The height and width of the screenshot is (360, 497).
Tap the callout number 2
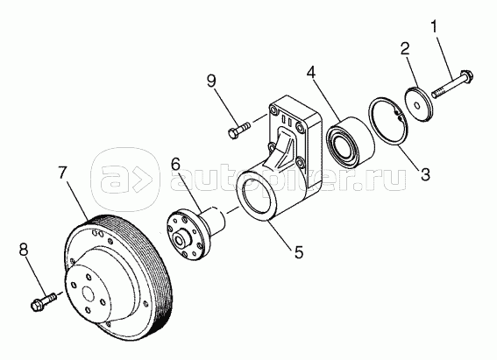coord(405,49)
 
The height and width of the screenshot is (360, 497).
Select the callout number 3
coord(425,173)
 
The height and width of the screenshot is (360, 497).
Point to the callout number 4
coord(311,74)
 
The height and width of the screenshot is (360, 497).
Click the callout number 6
coord(175,164)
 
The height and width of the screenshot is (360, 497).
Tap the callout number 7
coord(62,173)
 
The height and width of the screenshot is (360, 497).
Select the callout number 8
coord(24,250)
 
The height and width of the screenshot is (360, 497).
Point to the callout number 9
coord(211,81)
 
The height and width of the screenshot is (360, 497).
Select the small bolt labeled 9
coord(239,131)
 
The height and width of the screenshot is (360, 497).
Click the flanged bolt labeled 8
coord(44,301)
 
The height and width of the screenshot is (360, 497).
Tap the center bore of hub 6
coord(179,240)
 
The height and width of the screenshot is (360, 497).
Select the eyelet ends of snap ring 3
coord(398,115)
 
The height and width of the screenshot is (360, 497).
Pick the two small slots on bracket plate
coord(287,120)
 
